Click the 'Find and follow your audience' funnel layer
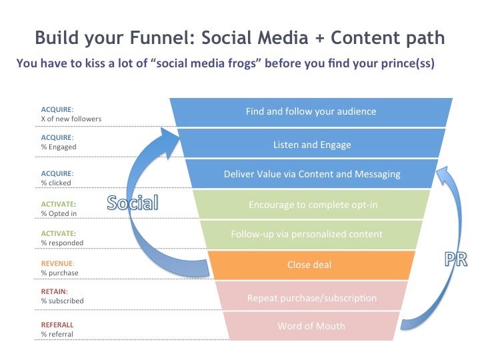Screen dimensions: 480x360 point(311,112)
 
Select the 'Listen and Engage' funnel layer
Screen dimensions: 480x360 point(311,143)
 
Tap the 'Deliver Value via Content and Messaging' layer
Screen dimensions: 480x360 point(311,173)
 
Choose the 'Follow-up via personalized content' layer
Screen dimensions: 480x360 point(311,235)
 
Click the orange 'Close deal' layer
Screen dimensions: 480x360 point(311,265)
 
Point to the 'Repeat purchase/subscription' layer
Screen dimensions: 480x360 point(311,296)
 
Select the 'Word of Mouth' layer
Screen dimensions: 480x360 point(311,326)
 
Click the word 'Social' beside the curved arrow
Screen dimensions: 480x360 point(133,203)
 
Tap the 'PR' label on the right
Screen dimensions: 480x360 point(456,259)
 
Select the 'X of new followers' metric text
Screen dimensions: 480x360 point(71,119)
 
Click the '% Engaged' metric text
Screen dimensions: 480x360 point(59,147)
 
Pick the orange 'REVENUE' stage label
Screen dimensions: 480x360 point(57,263)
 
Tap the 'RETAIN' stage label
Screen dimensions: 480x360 point(53,291)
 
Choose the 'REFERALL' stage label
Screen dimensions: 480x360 point(57,325)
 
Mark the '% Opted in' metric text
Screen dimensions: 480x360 point(59,213)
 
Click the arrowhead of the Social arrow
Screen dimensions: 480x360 point(169,141)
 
